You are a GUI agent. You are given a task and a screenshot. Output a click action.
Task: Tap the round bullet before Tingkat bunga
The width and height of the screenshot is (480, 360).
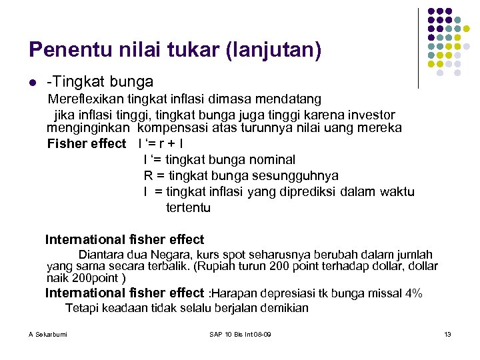pos(32,83)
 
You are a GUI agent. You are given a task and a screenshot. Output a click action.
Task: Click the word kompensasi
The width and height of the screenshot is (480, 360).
pos(181,127)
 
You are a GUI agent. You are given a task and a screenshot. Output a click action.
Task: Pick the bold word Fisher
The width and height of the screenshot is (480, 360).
pos(68,143)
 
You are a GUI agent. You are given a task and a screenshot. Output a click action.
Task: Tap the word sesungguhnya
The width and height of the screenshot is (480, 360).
pos(297,176)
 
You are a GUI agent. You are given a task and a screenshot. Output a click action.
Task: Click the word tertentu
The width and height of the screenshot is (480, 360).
pos(188,207)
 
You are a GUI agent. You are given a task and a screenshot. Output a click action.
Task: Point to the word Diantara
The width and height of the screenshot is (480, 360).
pos(101,255)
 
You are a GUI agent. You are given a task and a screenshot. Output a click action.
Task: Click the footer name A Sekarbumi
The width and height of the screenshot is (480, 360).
pos(47,333)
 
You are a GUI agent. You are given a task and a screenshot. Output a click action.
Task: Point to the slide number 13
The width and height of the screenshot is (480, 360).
pos(447,333)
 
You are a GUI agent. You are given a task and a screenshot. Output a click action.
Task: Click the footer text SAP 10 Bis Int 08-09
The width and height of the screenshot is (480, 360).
pos(239,333)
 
